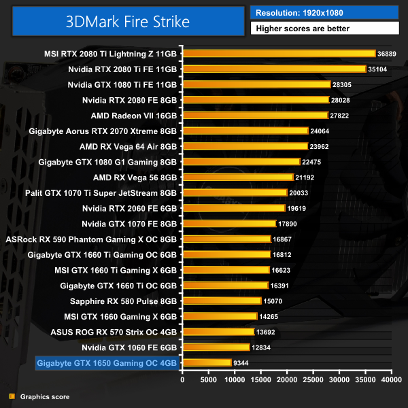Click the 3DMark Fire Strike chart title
(x=128, y=21)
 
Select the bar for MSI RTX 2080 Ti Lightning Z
(x=279, y=53)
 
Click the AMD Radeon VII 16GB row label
(x=133, y=115)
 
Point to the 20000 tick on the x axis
(x=287, y=380)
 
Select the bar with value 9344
(x=207, y=363)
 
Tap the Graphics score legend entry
(x=44, y=396)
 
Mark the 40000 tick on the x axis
(x=391, y=380)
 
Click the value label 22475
(x=313, y=162)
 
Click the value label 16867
(x=284, y=239)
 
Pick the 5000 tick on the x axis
(x=208, y=380)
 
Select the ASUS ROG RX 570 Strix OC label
(x=114, y=332)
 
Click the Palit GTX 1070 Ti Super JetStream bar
(x=235, y=192)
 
